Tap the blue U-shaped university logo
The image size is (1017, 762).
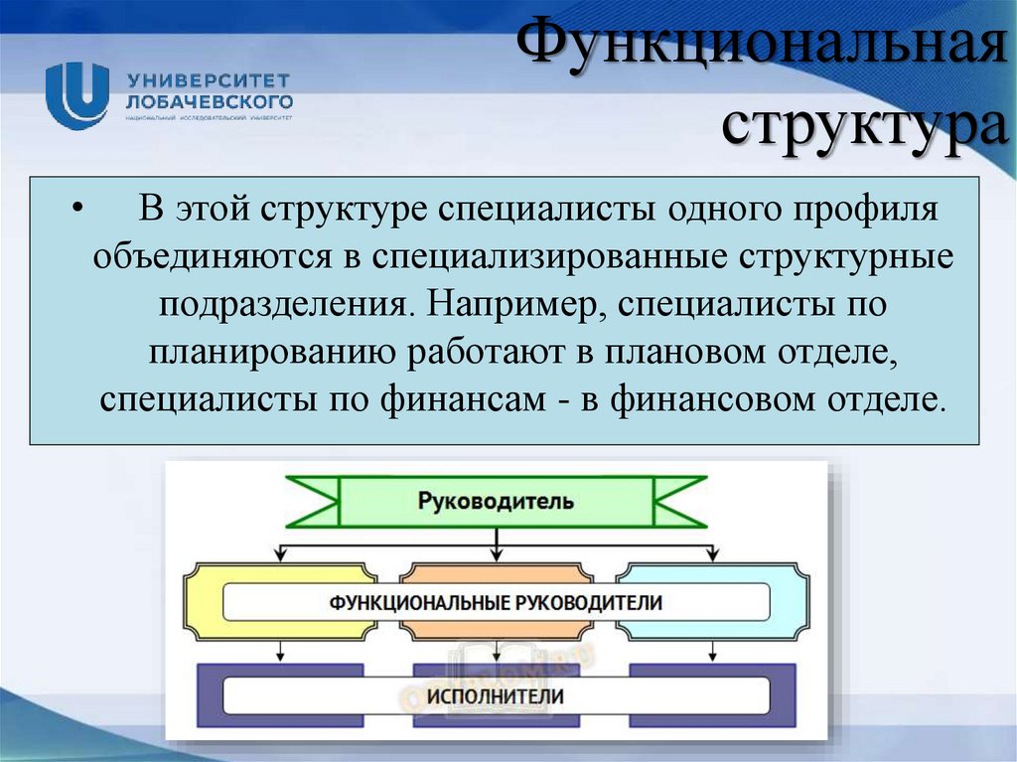click(77, 92)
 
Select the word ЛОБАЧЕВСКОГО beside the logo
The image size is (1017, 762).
click(209, 101)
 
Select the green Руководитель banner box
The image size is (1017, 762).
click(496, 502)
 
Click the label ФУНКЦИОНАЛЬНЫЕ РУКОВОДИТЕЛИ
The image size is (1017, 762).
click(496, 603)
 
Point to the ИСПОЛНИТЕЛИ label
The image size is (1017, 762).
click(496, 695)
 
